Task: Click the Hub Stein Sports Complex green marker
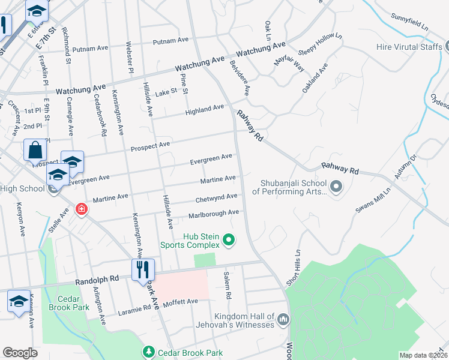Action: pyautogui.click(x=228, y=240)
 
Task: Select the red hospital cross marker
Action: pyautogui.click(x=81, y=209)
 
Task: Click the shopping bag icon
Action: pyautogui.click(x=35, y=150)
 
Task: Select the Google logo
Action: pyautogui.click(x=20, y=353)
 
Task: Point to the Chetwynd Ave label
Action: pyautogui.click(x=216, y=197)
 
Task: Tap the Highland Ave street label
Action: pyautogui.click(x=205, y=109)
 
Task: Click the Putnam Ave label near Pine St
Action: pyautogui.click(x=171, y=41)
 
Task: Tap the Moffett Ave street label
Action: pyautogui.click(x=180, y=301)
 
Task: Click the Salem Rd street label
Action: pyautogui.click(x=227, y=284)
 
